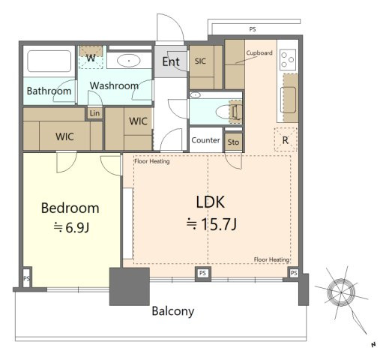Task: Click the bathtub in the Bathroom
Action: click(x=49, y=61)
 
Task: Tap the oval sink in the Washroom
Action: click(x=129, y=61)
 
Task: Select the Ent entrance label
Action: click(x=171, y=61)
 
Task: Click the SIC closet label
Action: click(x=200, y=61)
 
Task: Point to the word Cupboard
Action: click(x=259, y=53)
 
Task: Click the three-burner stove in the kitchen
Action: click(x=288, y=59)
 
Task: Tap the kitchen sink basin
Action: click(x=288, y=100)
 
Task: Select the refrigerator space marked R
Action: click(x=286, y=139)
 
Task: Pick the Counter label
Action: click(x=205, y=140)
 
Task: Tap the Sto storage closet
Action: click(x=233, y=142)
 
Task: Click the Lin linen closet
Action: click(x=94, y=113)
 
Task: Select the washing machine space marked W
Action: click(x=91, y=57)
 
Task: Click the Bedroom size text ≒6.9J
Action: click(x=71, y=227)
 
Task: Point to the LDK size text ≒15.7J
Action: click(x=211, y=224)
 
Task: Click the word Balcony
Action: click(x=173, y=311)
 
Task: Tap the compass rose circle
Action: click(x=341, y=292)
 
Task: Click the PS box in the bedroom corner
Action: click(x=27, y=278)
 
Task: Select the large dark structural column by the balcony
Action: click(x=130, y=286)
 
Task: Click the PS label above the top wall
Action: click(x=253, y=29)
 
